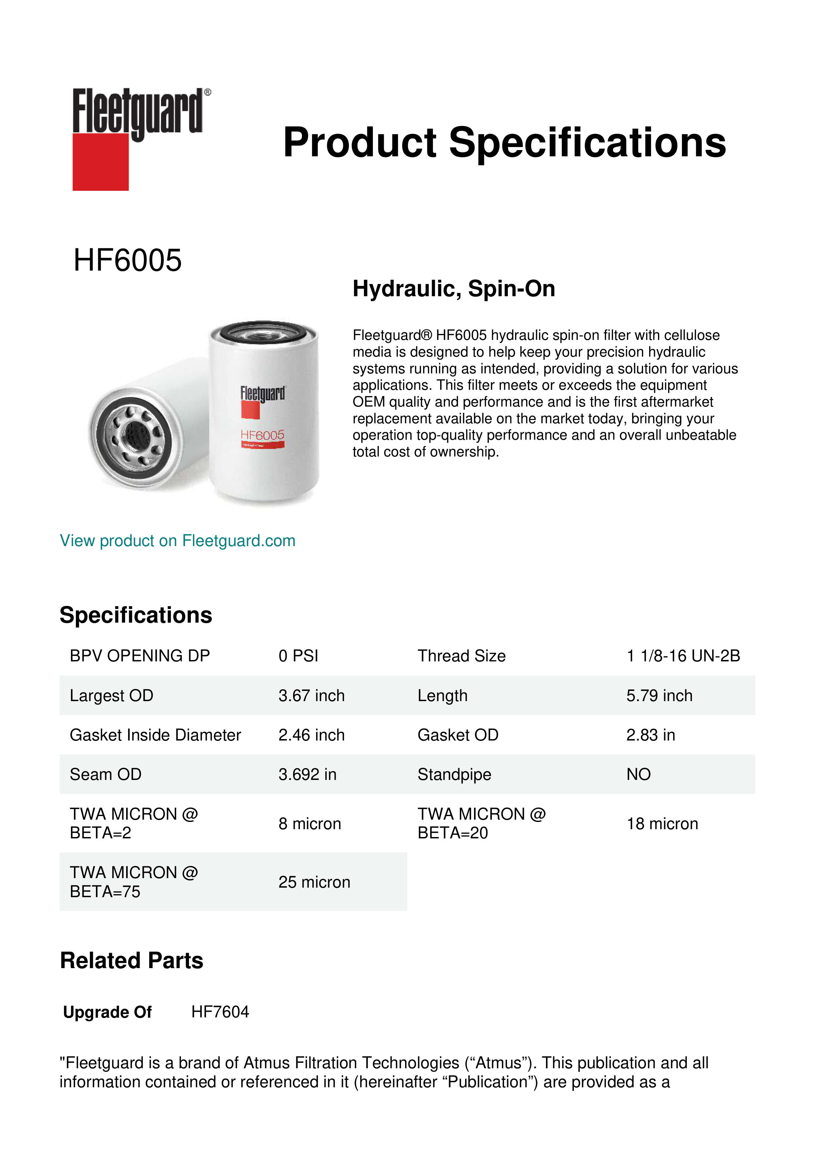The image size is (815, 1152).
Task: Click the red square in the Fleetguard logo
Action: [101, 162]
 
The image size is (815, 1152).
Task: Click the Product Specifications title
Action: [504, 143]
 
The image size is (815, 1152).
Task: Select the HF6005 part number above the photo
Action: [127, 260]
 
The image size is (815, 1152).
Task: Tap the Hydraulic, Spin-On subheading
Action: [454, 289]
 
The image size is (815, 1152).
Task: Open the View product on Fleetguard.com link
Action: [178, 541]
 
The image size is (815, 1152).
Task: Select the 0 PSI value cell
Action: [299, 656]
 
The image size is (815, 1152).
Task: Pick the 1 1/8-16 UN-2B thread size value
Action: [683, 656]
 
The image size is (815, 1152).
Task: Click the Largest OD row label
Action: [111, 696]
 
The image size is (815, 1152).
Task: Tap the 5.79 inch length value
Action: [659, 696]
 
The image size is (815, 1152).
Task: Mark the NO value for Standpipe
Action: [638, 775]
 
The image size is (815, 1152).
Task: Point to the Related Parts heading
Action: [131, 961]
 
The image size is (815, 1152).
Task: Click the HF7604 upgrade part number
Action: [220, 1012]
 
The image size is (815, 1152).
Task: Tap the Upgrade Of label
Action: [107, 1012]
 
